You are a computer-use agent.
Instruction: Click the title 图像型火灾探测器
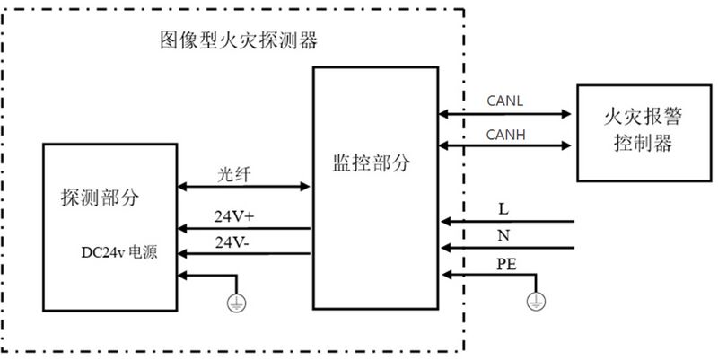[239, 40]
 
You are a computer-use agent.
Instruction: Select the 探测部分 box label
[100, 198]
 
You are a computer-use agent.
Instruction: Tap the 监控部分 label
[372, 163]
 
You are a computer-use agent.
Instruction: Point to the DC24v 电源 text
[119, 252]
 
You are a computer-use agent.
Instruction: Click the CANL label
[504, 101]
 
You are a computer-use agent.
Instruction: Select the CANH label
[505, 135]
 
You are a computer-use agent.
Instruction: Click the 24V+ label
[234, 216]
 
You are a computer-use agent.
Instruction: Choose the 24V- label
[232, 242]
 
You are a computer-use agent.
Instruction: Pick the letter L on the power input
[503, 210]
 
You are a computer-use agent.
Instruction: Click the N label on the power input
[503, 236]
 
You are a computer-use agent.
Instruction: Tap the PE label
[506, 264]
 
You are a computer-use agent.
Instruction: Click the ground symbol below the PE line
[536, 302]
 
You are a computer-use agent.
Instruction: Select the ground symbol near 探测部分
[236, 303]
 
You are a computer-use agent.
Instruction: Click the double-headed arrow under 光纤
[243, 187]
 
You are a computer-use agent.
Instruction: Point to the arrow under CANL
[505, 114]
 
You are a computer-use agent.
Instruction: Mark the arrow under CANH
[505, 145]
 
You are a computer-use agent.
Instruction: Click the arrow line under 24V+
[244, 228]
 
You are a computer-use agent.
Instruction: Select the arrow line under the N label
[508, 249]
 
